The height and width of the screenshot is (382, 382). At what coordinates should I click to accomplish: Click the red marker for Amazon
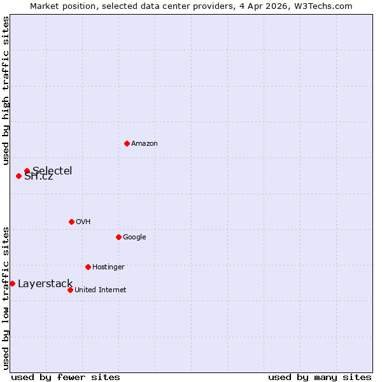(127, 143)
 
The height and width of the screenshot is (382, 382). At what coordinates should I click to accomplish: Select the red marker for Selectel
(27, 171)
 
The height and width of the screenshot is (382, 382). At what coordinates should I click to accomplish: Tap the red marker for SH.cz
(18, 176)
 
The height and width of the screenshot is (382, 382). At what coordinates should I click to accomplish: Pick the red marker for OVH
(71, 222)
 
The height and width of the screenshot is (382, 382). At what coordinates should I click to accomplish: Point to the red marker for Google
(118, 237)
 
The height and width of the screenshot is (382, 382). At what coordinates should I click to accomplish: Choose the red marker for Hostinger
(88, 267)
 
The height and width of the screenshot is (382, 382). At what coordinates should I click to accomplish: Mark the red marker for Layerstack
(12, 283)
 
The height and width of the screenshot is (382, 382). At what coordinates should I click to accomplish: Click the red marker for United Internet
(70, 290)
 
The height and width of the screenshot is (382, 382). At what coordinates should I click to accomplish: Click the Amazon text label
(145, 143)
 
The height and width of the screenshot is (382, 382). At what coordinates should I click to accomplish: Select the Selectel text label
(52, 171)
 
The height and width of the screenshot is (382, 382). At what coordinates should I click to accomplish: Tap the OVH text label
(83, 222)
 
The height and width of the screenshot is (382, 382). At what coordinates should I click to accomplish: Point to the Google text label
(134, 237)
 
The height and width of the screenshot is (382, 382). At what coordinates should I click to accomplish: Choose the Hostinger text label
(108, 267)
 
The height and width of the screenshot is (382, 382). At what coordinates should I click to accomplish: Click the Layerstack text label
(45, 283)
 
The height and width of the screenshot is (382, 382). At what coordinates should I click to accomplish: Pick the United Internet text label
(101, 290)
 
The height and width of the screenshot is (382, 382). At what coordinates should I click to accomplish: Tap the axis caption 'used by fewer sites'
(66, 377)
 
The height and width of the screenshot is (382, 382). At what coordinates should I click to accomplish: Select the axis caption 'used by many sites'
(320, 377)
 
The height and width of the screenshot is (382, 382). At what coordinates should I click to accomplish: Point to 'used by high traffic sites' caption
(6, 90)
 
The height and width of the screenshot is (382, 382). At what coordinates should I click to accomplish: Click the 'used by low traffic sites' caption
(6, 298)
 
